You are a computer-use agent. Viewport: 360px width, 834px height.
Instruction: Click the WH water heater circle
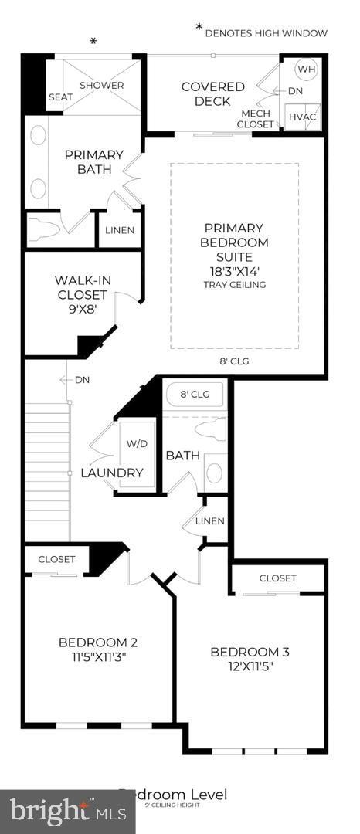coord(307,69)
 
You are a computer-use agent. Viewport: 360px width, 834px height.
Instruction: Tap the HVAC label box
coord(301,117)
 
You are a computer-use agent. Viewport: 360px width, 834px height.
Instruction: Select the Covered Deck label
coord(212,93)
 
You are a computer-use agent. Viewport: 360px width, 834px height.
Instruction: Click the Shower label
coord(101,85)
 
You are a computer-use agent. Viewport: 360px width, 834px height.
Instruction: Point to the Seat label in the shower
coord(60,97)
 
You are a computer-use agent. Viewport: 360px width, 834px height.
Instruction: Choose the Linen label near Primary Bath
coord(120,230)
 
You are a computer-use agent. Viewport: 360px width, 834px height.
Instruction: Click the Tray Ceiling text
coord(234,285)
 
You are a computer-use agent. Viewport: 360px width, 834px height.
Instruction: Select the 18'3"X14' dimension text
coord(234,271)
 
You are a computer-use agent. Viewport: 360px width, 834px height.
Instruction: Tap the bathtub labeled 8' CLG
coord(194,395)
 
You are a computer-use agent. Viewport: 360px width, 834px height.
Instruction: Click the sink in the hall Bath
coord(214,472)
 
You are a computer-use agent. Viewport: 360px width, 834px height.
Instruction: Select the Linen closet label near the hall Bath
coord(209,521)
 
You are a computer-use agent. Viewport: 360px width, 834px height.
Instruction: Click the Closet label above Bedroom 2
coord(56,559)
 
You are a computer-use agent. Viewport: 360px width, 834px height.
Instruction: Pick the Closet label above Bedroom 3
coord(277,578)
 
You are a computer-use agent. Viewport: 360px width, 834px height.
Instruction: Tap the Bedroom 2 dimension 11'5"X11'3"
coord(97,658)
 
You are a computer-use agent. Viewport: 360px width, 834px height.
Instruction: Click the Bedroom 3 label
coord(250,652)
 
